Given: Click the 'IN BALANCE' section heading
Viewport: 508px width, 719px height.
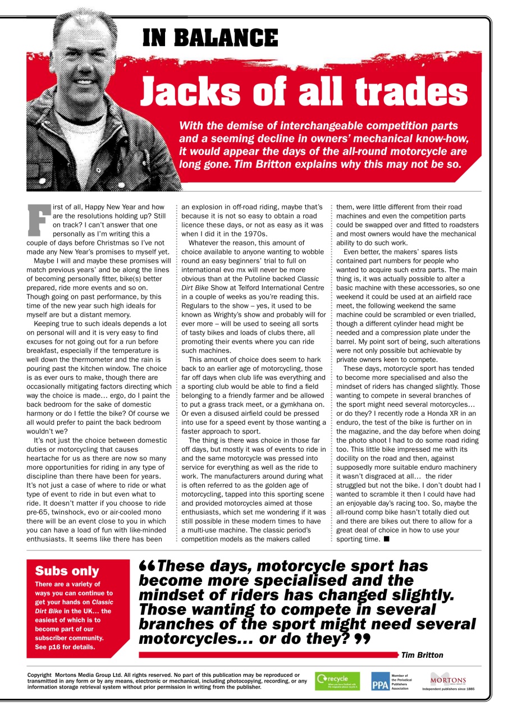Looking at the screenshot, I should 210,38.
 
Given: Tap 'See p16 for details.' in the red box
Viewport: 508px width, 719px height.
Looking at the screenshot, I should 65,647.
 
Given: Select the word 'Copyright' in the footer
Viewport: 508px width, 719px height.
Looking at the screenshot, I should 40,675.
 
